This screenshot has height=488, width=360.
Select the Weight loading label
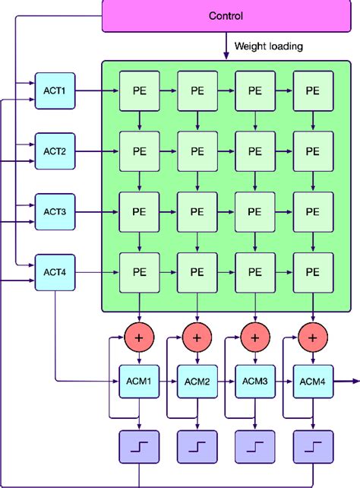(x=269, y=46)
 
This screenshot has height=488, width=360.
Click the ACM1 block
(x=139, y=380)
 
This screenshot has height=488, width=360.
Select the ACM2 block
(x=197, y=380)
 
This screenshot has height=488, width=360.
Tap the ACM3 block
(x=254, y=380)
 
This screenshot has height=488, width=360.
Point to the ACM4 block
(x=312, y=380)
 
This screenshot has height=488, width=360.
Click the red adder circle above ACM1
(x=139, y=335)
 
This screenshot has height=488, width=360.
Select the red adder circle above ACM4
(x=312, y=335)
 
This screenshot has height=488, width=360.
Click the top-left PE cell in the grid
(x=139, y=90)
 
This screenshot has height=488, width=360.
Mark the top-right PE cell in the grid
(x=312, y=90)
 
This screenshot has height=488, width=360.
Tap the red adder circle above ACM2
(x=197, y=335)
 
